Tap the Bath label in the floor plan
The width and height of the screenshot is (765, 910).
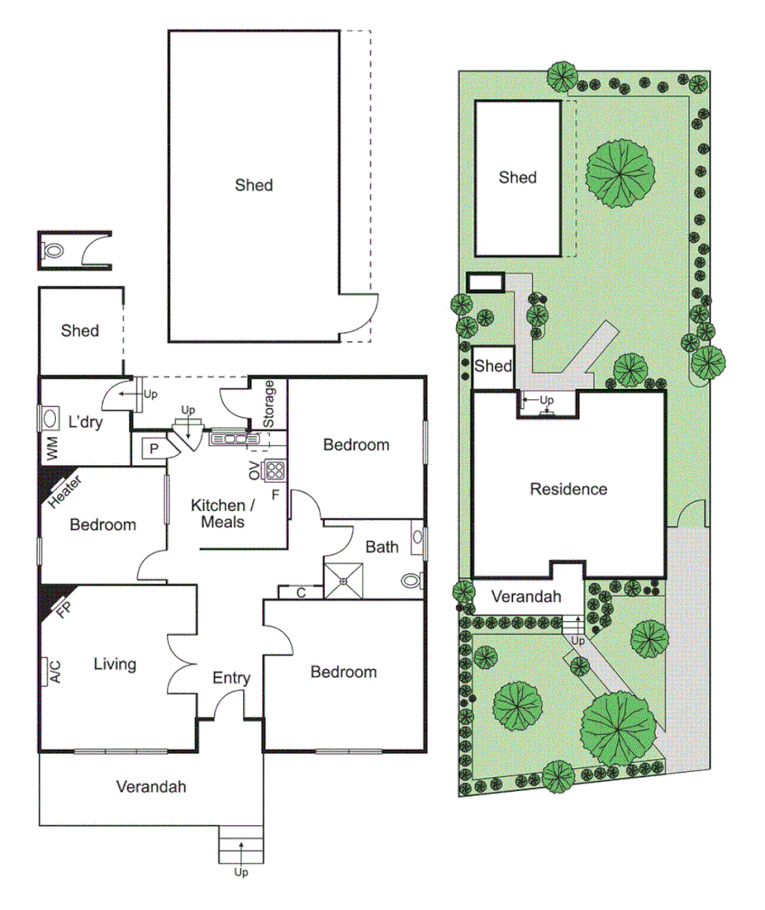point(382,546)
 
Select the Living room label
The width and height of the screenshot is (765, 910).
point(115,664)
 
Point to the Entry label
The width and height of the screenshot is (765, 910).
point(231,678)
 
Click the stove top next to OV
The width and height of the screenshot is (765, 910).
point(274,469)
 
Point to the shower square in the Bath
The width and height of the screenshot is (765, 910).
point(343,580)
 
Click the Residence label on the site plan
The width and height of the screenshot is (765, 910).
point(568,489)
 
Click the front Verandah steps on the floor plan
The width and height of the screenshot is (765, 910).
point(241,846)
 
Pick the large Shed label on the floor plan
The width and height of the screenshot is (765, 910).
point(254,185)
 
